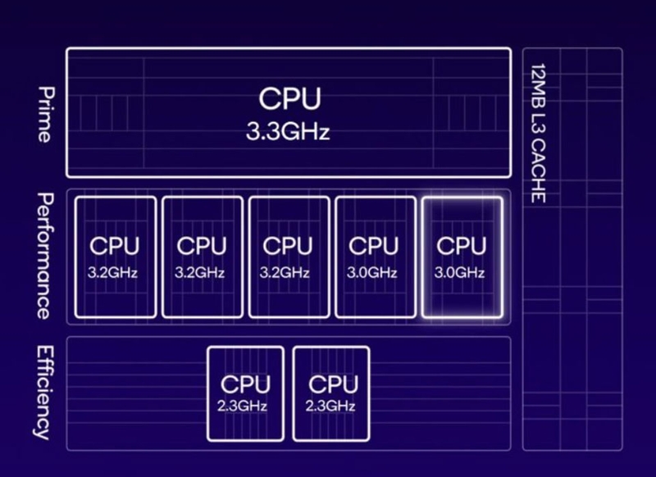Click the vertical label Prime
[x=43, y=114]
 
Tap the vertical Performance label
[x=43, y=256]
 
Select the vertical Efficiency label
[x=43, y=392]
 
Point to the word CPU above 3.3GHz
[x=289, y=99]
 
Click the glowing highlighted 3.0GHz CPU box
[x=461, y=257]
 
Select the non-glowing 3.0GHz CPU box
[x=374, y=257]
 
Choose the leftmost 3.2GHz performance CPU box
[x=114, y=257]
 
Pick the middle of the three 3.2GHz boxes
[x=201, y=257]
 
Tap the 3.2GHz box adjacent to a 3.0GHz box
[x=287, y=257]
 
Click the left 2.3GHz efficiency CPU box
[x=244, y=393]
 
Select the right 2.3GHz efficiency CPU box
[x=330, y=393]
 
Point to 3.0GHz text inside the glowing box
[x=461, y=272]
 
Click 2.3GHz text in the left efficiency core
[x=244, y=406]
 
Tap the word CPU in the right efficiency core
[x=331, y=384]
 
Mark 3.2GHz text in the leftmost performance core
[x=114, y=272]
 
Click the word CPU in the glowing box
[x=461, y=245]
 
